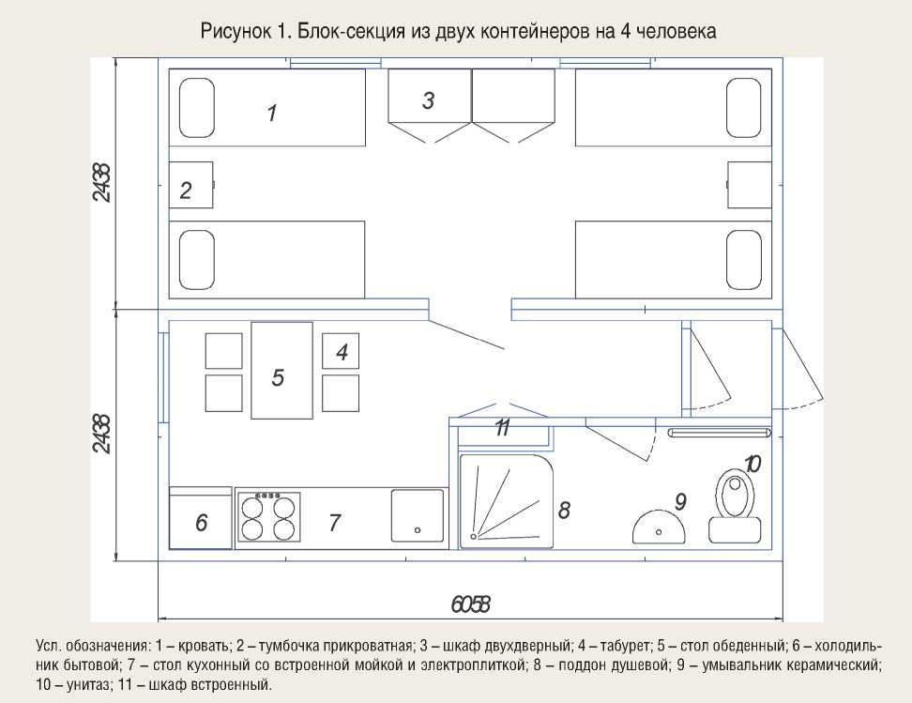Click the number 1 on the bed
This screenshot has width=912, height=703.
[272, 114]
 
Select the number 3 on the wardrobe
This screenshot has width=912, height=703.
[429, 100]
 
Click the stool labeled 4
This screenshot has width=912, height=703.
[340, 351]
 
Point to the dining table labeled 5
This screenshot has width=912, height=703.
[281, 370]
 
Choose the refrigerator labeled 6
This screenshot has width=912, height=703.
[200, 521]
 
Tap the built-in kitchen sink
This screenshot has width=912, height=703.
[417, 516]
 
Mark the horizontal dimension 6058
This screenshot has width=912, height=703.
[471, 604]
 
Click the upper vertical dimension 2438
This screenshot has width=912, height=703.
[101, 184]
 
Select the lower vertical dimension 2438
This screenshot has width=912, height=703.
[101, 434]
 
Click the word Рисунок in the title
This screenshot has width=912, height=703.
[234, 31]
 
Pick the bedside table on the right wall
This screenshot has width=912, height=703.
[750, 184]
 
